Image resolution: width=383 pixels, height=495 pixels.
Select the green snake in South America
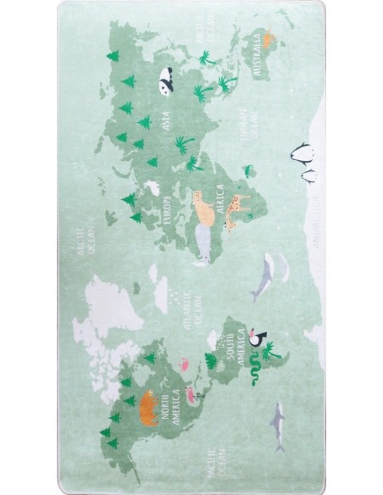click(253, 370)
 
